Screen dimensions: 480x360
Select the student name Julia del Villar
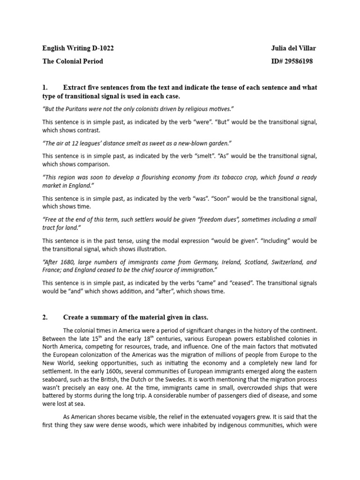pos(291,48)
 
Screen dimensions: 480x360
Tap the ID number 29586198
pos(298,61)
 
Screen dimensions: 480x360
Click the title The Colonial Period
pos(73,61)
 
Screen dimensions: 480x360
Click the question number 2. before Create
pos(45,317)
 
